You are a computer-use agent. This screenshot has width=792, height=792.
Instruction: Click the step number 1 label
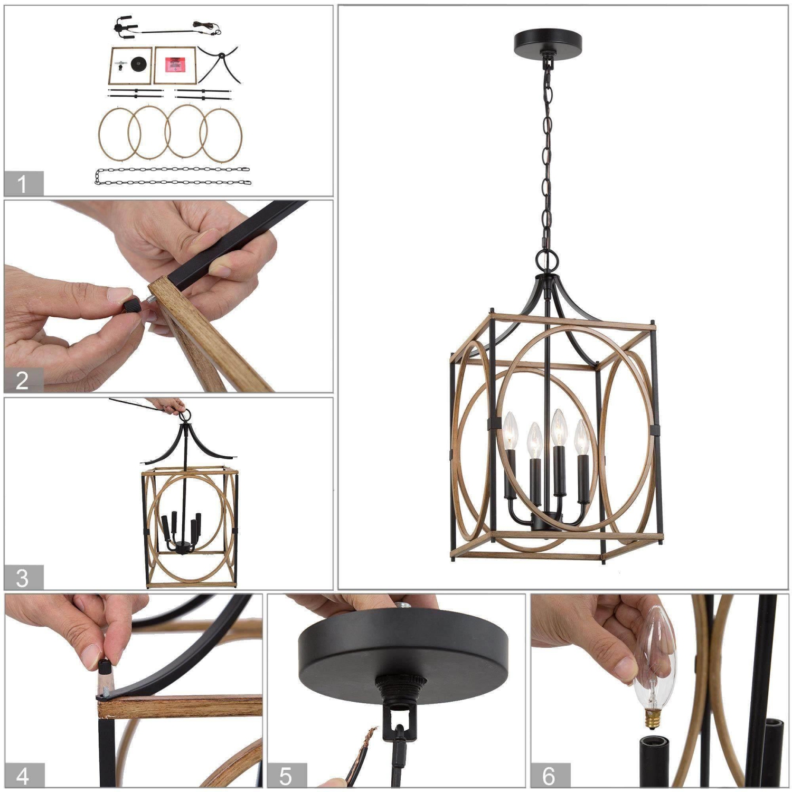pos(23,184)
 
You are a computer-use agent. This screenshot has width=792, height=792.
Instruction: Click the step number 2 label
pos(23,380)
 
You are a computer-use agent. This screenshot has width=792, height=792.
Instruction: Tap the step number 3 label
pos(23,578)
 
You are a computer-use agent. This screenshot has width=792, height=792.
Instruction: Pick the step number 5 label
pos(286,776)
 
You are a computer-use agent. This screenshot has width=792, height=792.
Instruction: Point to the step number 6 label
pos(549,776)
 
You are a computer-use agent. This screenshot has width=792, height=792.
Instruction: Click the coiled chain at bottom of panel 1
pos(173,176)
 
